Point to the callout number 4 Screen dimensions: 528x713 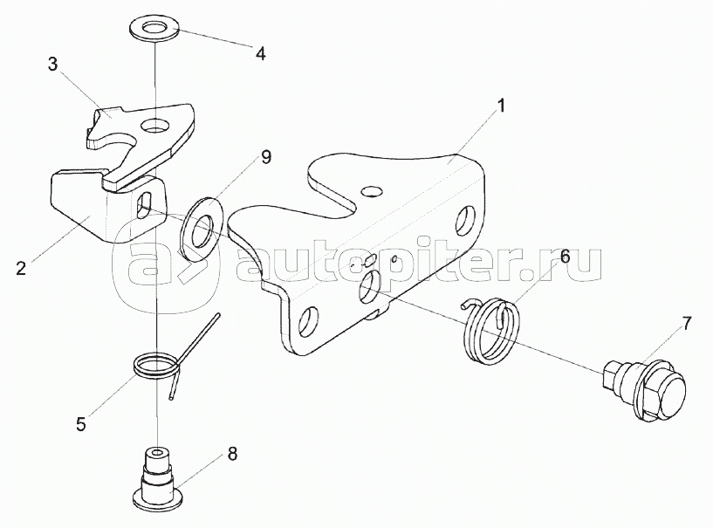pos(259,52)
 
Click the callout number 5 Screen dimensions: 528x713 pos(80,425)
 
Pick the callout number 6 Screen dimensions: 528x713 pos(565,257)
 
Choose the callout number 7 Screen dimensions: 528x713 pos(686,324)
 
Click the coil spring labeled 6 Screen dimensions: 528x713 pos(491,331)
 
